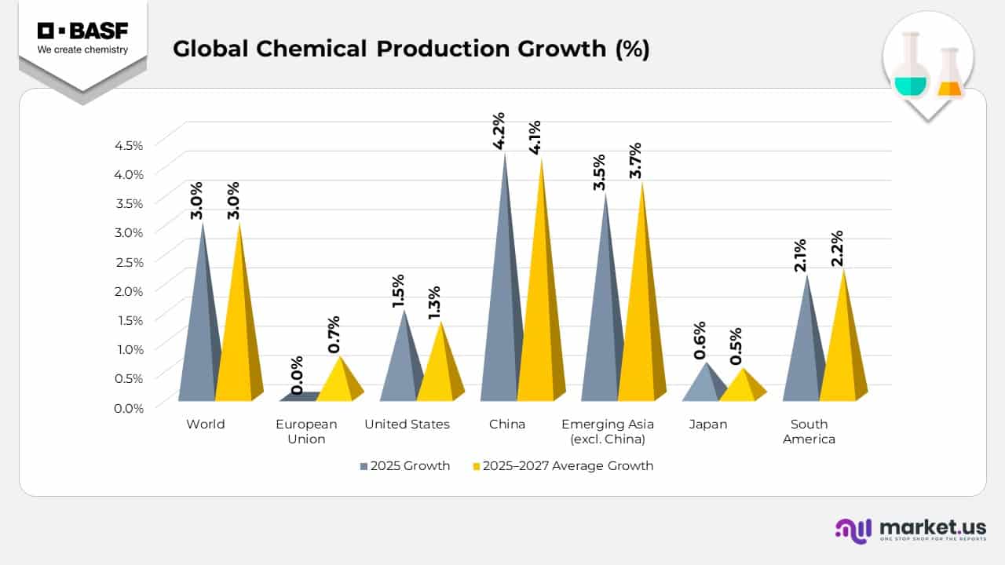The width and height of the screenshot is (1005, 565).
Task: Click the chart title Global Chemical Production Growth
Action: [411, 49]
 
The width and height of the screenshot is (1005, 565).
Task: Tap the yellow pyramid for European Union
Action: [340, 385]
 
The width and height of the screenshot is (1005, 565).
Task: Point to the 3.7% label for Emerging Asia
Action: [635, 161]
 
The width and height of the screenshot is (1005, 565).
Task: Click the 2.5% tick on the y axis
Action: [129, 261]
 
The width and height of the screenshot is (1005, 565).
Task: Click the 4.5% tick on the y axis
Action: [129, 145]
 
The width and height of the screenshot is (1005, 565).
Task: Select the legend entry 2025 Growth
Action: [404, 466]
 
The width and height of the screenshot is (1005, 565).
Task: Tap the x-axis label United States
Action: [407, 425]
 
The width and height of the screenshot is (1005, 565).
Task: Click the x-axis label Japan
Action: [708, 425]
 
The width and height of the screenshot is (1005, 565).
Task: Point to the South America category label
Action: [809, 432]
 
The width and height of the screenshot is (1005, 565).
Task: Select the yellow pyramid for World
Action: [238, 330]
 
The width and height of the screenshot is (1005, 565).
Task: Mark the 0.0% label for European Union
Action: [298, 375]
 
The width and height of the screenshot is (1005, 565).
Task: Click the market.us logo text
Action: [932, 527]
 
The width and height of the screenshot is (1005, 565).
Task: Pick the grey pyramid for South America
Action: [805, 353]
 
